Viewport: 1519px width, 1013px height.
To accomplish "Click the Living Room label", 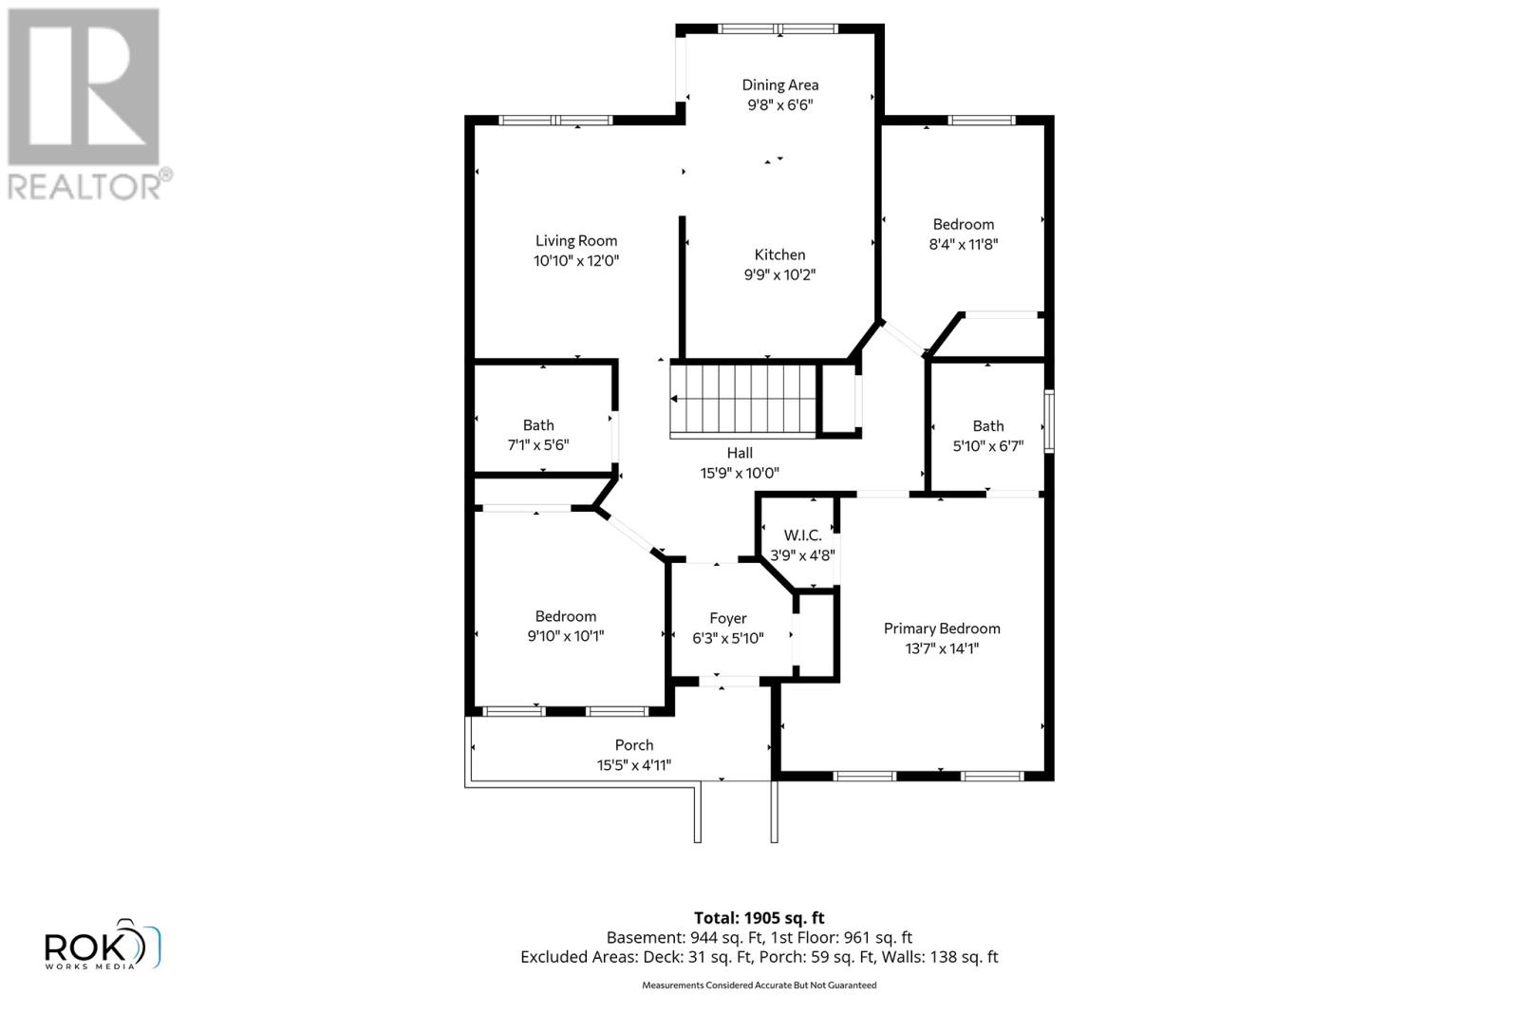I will [x=575, y=241].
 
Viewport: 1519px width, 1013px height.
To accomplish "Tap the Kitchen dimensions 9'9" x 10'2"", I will [x=779, y=275].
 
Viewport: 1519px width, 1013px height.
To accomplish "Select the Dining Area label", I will [x=779, y=85].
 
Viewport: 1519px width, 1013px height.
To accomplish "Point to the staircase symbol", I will [x=743, y=400].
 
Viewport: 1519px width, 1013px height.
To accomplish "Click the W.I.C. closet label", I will [x=802, y=535].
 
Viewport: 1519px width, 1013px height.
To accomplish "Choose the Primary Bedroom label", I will [x=942, y=628].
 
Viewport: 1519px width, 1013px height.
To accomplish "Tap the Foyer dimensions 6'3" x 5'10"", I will [x=727, y=639].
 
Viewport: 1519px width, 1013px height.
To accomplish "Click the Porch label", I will [x=633, y=745].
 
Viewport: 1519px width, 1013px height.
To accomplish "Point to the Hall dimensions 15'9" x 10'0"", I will [x=740, y=473].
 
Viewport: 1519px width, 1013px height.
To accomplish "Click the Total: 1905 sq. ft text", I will [x=759, y=918].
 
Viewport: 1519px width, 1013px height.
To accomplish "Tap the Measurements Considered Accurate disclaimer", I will [x=759, y=985].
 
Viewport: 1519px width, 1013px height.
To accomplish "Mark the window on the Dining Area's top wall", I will [x=778, y=28].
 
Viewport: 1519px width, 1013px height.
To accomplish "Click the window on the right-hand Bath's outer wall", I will [x=1049, y=421].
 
